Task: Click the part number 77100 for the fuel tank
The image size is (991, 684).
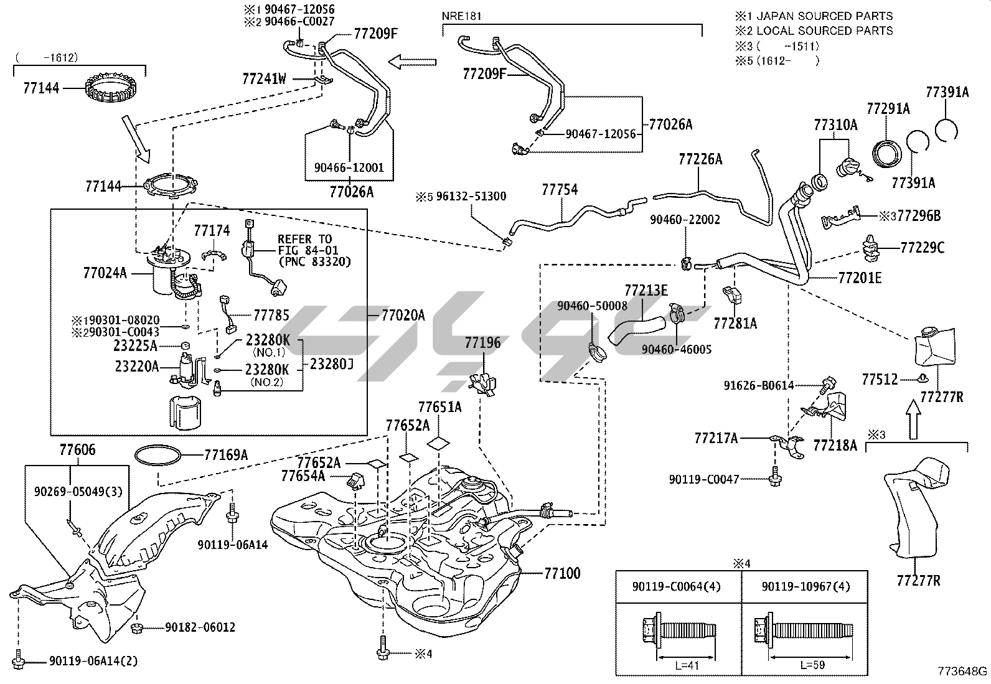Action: click(562, 573)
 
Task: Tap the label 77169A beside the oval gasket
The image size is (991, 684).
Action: click(226, 456)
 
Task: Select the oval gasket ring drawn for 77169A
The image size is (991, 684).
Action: click(159, 456)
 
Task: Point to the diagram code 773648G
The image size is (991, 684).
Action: click(962, 672)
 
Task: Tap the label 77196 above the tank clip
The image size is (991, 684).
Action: click(482, 343)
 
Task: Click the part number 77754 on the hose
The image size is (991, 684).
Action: click(560, 189)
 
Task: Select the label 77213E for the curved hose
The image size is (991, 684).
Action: click(646, 290)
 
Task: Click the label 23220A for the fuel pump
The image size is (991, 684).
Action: click(136, 367)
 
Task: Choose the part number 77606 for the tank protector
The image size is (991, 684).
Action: click(78, 449)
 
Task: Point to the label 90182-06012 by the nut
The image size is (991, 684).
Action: click(200, 627)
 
